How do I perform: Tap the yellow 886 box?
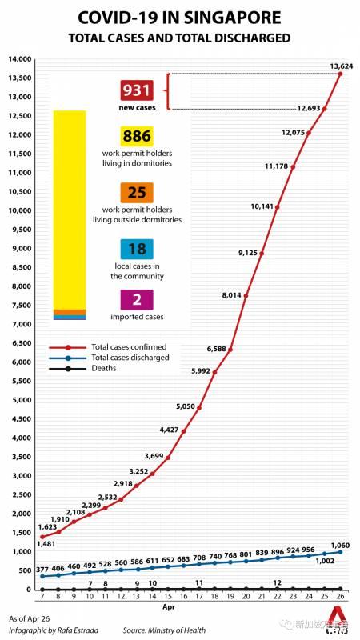click(x=137, y=137)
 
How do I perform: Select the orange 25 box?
click(x=137, y=193)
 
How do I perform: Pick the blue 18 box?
click(x=137, y=250)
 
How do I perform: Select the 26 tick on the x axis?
click(x=340, y=597)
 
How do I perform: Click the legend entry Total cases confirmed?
click(x=128, y=347)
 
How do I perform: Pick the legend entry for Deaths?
click(x=105, y=368)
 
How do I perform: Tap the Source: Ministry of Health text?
click(x=164, y=630)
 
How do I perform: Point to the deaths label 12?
click(x=277, y=582)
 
